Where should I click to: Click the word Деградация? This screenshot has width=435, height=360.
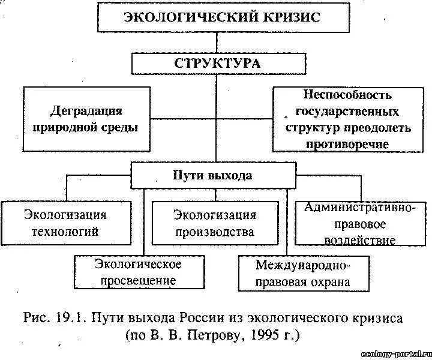86,111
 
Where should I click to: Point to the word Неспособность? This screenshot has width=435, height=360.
339,95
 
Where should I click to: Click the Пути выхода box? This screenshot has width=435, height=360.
213,176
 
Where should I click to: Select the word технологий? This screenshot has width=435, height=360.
66,231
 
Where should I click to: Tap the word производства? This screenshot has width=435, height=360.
215,232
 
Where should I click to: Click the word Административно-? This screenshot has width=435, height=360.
360,209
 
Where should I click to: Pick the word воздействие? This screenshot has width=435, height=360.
360,241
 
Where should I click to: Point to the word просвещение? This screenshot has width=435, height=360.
138,280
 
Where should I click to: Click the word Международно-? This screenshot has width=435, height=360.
304,265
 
